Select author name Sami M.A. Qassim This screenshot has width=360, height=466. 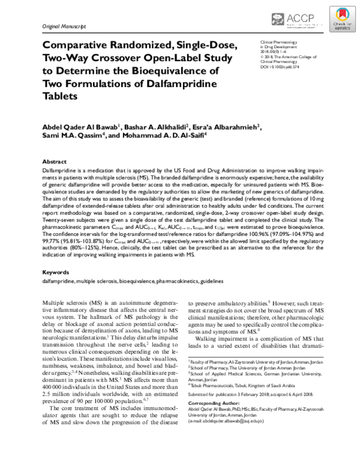[68, 138]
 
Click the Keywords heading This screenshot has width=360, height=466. [55, 271]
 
